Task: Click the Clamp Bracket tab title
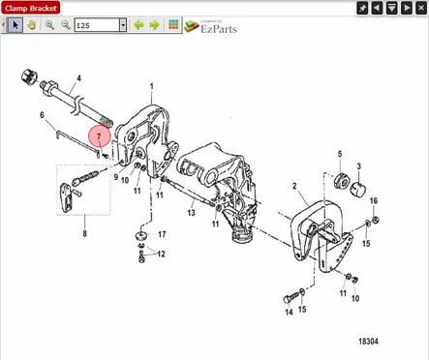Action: pyautogui.click(x=31, y=7)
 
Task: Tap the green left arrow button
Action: pyautogui.click(x=138, y=25)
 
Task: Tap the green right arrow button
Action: pyautogui.click(x=154, y=25)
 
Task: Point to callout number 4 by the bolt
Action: pyautogui.click(x=78, y=77)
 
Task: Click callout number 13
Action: pyautogui.click(x=192, y=212)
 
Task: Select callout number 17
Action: pyautogui.click(x=162, y=234)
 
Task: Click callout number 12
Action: pyautogui.click(x=161, y=255)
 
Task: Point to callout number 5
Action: pyautogui.click(x=339, y=155)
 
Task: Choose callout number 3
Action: pyautogui.click(x=359, y=166)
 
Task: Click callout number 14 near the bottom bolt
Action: pyautogui.click(x=288, y=312)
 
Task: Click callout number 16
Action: pyautogui.click(x=373, y=201)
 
